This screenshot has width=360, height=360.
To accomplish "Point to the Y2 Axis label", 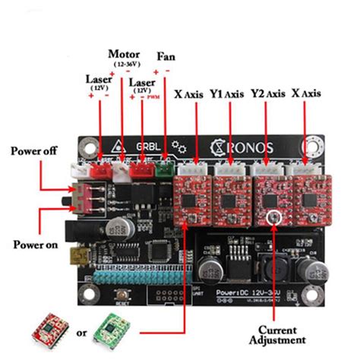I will [x=267, y=93].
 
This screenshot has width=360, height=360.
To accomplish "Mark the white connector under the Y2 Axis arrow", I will [x=268, y=172].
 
